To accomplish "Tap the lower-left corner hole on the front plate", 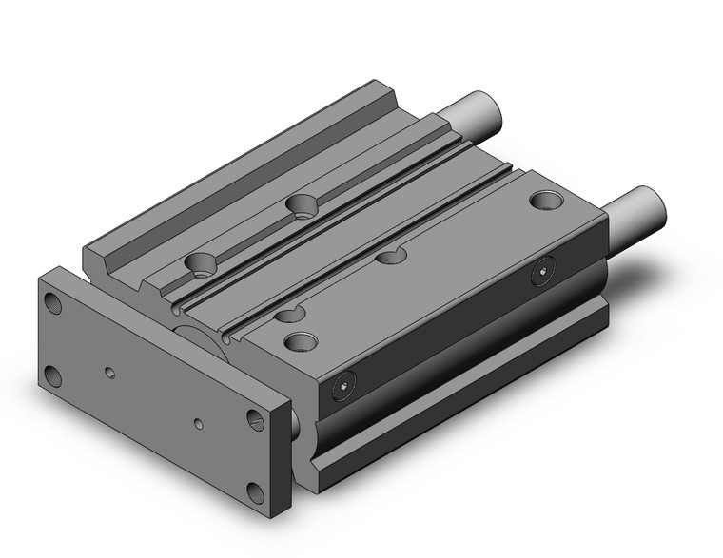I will [x=53, y=373].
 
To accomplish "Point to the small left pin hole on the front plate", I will [x=111, y=372].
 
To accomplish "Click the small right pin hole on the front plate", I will [x=199, y=422].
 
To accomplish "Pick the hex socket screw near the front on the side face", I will [x=342, y=389].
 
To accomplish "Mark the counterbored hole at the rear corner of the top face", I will [x=546, y=201].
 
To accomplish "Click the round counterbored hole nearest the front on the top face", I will [x=301, y=340].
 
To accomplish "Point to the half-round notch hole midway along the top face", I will [x=391, y=255].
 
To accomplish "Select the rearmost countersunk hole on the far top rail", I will [x=303, y=204].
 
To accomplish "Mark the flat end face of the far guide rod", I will [x=491, y=111].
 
